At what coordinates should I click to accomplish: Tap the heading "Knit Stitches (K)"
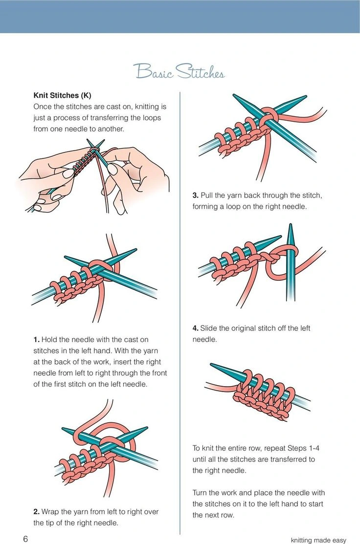[62, 95]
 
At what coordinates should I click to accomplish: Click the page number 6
[25, 539]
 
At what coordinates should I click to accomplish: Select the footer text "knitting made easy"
[318, 540]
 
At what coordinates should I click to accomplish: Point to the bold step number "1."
[36, 339]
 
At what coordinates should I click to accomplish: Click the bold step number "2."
[36, 512]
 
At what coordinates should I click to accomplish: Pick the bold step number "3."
[195, 196]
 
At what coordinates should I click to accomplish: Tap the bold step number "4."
[195, 328]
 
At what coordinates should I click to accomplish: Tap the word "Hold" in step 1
[50, 339]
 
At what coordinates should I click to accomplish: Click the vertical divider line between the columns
[180, 313]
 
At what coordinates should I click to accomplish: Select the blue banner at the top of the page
[180, 16]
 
